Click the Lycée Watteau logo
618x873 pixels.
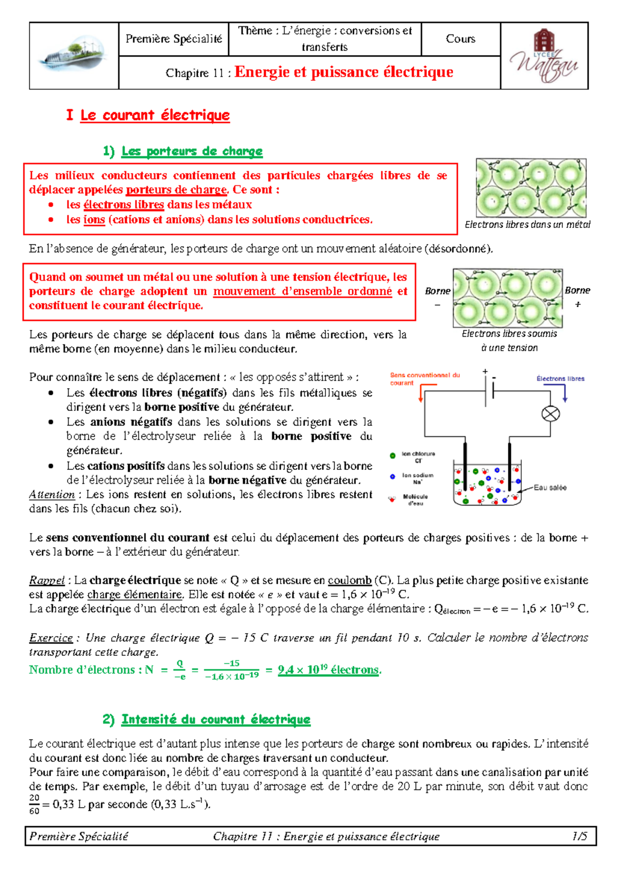[x=544, y=57]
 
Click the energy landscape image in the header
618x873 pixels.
[x=74, y=56]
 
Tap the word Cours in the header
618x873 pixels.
[x=460, y=39]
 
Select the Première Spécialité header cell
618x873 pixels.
[x=174, y=39]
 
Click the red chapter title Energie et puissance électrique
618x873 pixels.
[x=344, y=72]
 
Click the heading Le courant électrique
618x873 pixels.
[x=154, y=115]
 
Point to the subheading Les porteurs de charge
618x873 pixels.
[x=192, y=151]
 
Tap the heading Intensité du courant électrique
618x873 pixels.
[x=216, y=720]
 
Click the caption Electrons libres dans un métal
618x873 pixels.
[x=527, y=224]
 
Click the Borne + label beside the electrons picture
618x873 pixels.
[x=577, y=296]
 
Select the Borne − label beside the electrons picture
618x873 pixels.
[x=438, y=297]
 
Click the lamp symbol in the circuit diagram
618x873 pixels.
[x=551, y=414]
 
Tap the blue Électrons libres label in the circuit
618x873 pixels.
[x=560, y=378]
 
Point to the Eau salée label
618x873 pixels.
[x=550, y=487]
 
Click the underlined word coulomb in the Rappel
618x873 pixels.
[x=349, y=580]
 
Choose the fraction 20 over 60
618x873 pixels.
[x=34, y=804]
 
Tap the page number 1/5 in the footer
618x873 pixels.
[x=579, y=836]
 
